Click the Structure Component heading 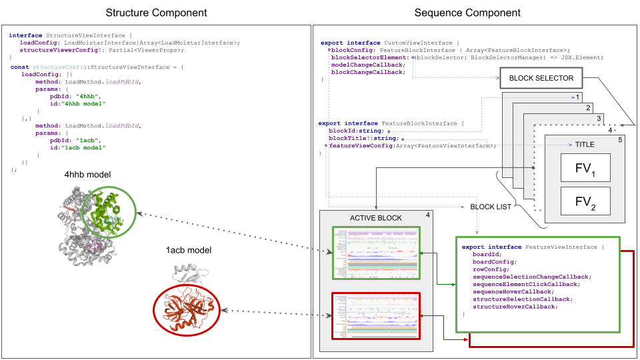156,13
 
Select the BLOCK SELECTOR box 541,79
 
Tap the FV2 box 585,201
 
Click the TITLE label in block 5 584,144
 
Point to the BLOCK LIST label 491,207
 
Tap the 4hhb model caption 87,175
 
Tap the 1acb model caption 189,251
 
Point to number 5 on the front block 619,140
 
